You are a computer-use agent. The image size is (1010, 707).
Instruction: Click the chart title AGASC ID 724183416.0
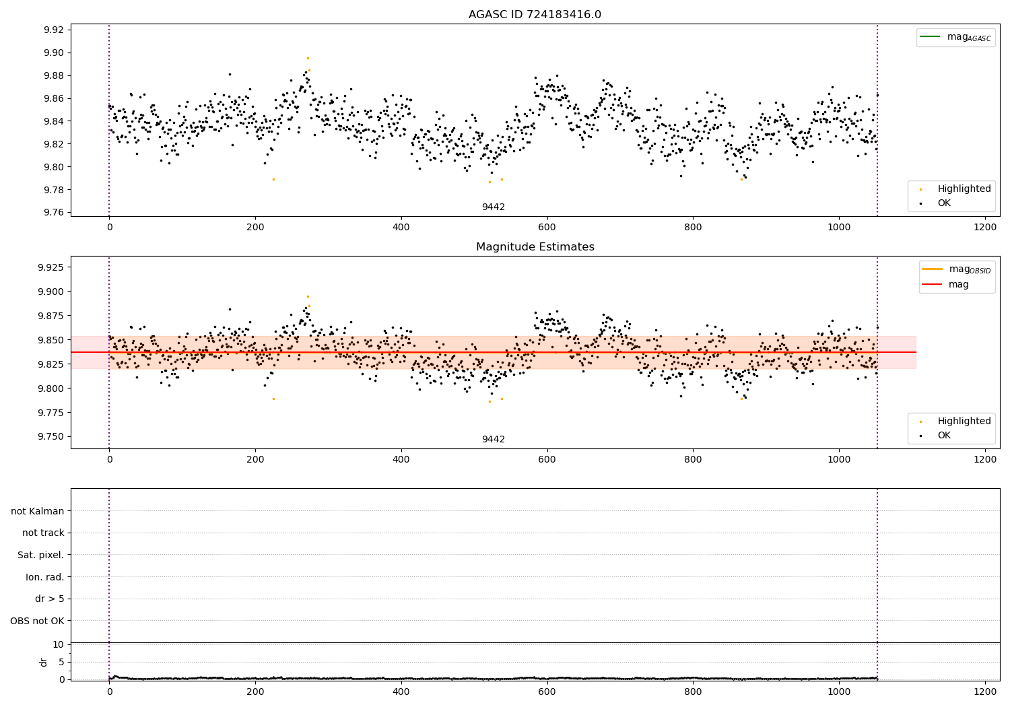(535, 15)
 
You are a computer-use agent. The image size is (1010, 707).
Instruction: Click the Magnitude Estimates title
(535, 247)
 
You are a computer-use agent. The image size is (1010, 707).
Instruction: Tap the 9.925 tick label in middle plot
(50, 267)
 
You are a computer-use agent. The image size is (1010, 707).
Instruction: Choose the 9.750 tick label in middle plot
(50, 437)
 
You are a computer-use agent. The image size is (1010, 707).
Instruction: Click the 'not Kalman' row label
(38, 511)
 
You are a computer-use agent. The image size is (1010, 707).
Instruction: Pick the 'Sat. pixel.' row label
(40, 555)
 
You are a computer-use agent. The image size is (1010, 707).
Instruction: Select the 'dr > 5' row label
(50, 599)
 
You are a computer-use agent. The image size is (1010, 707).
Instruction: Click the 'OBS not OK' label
(37, 621)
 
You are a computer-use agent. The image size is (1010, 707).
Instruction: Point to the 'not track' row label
(43, 533)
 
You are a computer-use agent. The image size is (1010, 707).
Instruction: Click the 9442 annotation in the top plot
(493, 207)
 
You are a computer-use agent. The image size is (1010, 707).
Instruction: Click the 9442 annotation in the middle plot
(493, 440)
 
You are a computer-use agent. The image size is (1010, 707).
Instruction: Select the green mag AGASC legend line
(931, 37)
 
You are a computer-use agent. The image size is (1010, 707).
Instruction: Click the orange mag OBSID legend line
(933, 269)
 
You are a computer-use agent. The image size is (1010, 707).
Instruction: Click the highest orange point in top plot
(308, 58)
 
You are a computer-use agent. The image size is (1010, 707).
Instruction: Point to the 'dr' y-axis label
(44, 662)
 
